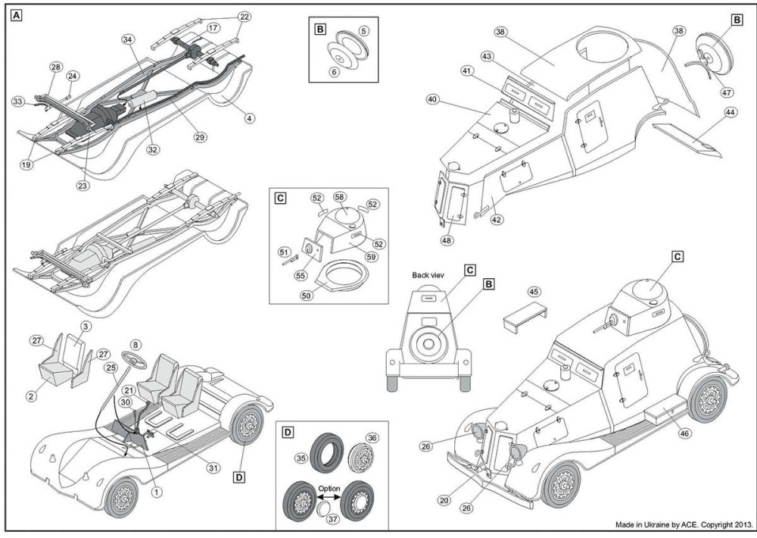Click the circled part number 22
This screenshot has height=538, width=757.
coord(244,16)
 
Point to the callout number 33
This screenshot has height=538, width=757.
coord(17,101)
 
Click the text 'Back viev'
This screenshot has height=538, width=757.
coord(431,274)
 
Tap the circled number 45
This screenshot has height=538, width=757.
coord(534,292)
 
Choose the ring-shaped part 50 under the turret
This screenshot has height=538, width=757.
coord(338,276)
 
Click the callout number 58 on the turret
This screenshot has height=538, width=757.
coord(340,197)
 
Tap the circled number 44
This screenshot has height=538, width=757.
coord(730,112)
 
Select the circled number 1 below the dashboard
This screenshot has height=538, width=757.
coord(157,491)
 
